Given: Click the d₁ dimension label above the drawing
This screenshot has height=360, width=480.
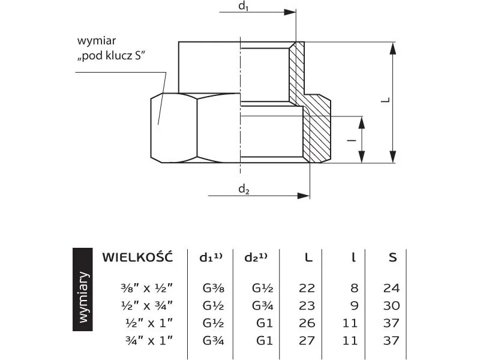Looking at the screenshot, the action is click(244, 6).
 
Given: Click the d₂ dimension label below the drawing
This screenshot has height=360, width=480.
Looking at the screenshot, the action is click(244, 189).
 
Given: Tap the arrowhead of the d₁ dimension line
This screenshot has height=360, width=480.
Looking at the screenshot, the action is click(290, 12).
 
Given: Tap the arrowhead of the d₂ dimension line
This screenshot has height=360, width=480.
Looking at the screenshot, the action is click(304, 196).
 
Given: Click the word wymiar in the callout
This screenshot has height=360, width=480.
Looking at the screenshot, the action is click(97, 41).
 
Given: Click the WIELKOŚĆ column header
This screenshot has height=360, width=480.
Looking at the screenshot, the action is click(137, 257).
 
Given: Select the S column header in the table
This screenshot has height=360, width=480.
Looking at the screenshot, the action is click(393, 258).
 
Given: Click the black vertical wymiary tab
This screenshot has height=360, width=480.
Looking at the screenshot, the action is click(83, 289).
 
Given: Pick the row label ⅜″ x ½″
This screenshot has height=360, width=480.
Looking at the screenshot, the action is click(146, 288).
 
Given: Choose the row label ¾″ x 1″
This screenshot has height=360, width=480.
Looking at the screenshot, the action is click(149, 340).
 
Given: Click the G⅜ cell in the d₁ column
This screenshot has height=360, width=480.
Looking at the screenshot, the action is click(214, 288).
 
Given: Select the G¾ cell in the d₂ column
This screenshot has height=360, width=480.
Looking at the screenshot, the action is click(263, 305).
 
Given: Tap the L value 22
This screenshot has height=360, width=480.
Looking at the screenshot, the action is click(307, 288).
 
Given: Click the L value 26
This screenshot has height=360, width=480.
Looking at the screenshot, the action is click(307, 323).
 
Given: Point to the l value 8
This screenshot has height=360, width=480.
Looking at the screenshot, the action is click(354, 288).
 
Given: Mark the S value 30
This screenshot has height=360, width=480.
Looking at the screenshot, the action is click(392, 305).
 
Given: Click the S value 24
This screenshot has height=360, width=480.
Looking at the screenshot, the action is click(392, 288).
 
